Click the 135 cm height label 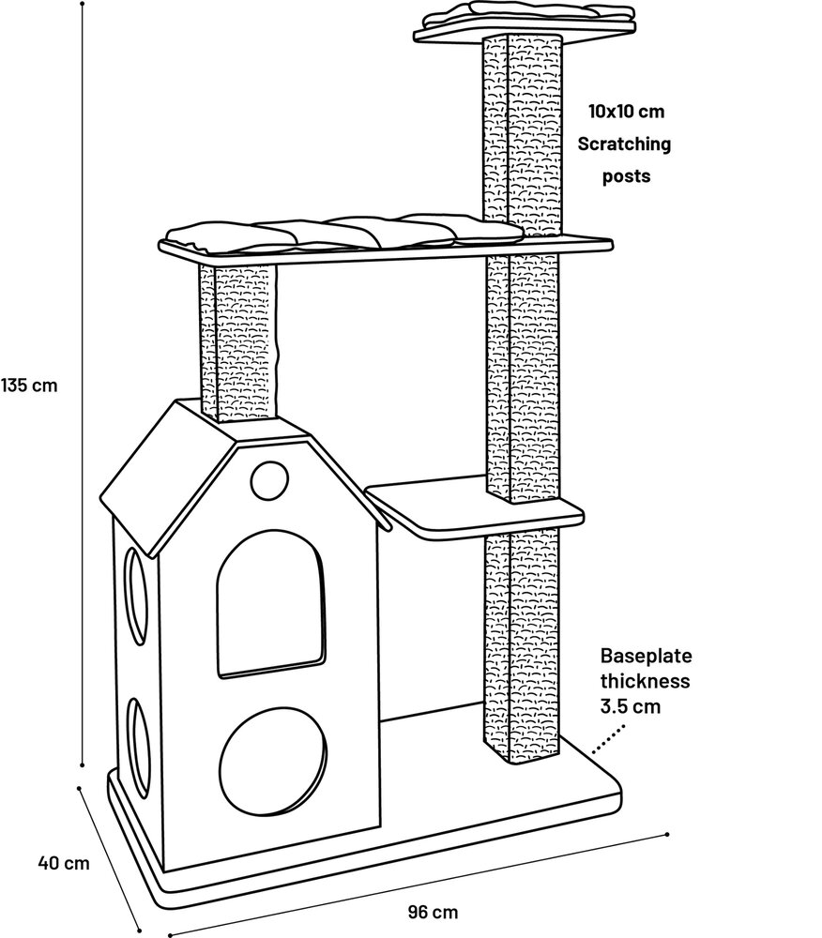tap(29, 385)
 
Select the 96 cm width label tap(434, 911)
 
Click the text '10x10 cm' tap(626, 112)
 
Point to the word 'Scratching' tap(624, 144)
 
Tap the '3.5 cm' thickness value tap(632, 705)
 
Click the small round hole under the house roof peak tap(267, 479)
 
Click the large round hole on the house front tap(273, 760)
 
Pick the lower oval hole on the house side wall tap(141, 746)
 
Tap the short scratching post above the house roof tap(239, 343)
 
